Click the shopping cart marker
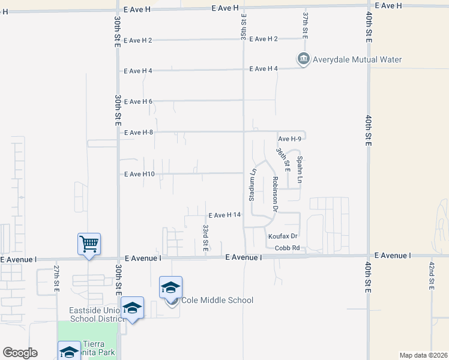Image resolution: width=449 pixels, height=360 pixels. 89,244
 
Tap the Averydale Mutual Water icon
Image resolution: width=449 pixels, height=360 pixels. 303,59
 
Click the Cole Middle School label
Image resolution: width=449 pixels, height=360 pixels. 217,300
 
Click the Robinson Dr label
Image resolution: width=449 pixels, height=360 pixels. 274,193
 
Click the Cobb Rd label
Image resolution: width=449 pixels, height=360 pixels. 286,248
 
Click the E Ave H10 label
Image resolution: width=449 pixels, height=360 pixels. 139,174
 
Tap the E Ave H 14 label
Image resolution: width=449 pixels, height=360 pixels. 224,215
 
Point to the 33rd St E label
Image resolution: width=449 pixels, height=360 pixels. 205,237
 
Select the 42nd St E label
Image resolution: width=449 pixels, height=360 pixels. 431,275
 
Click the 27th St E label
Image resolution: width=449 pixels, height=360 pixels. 56,278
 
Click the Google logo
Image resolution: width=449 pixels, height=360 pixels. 20,353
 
